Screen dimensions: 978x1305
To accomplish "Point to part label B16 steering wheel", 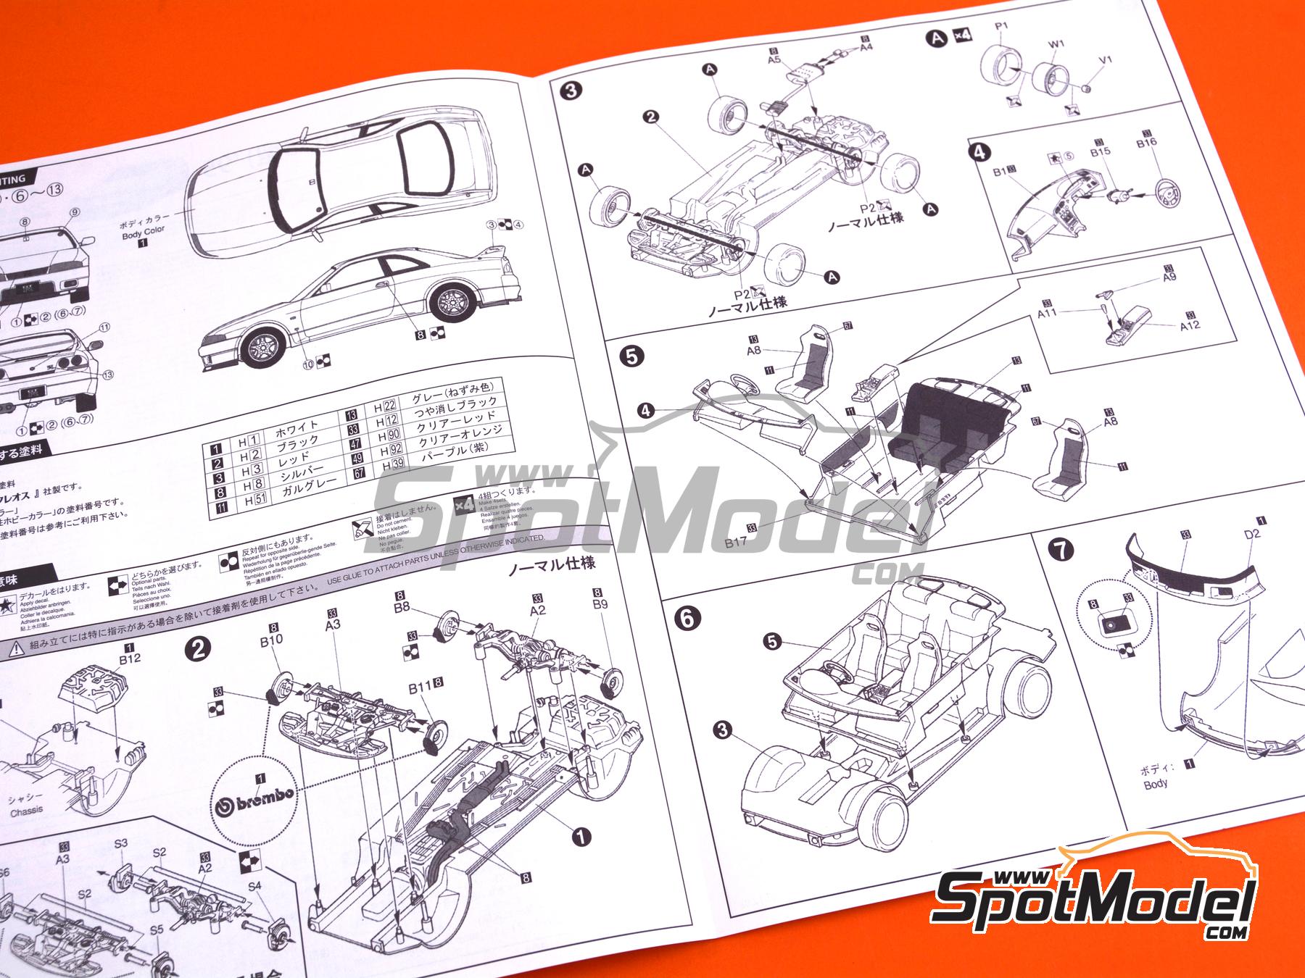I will tap(1146, 143).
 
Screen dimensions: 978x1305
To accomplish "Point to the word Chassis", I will tap(27, 811).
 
